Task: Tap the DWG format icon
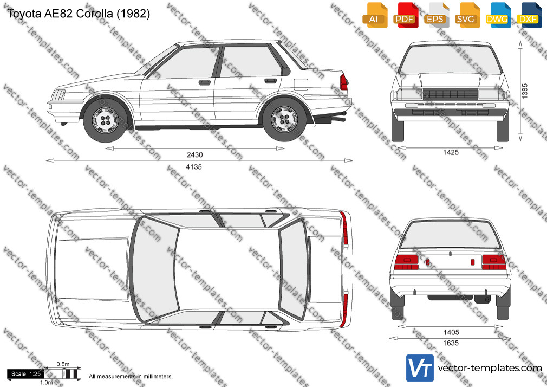point(498,15)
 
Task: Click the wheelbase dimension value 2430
point(194,154)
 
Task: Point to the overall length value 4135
point(194,167)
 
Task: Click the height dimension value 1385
point(524,91)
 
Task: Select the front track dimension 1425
point(451,152)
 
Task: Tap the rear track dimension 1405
point(451,332)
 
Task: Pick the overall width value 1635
point(451,343)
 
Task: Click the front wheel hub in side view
point(105,120)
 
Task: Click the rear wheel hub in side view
point(285,119)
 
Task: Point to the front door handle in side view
point(205,83)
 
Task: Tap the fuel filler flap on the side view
point(301,85)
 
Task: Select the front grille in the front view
point(451,94)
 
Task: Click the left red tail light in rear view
point(406,262)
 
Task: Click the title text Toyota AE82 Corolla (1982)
point(79,14)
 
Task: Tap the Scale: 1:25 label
point(26,374)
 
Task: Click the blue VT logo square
point(420,368)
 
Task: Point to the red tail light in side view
point(343,82)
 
